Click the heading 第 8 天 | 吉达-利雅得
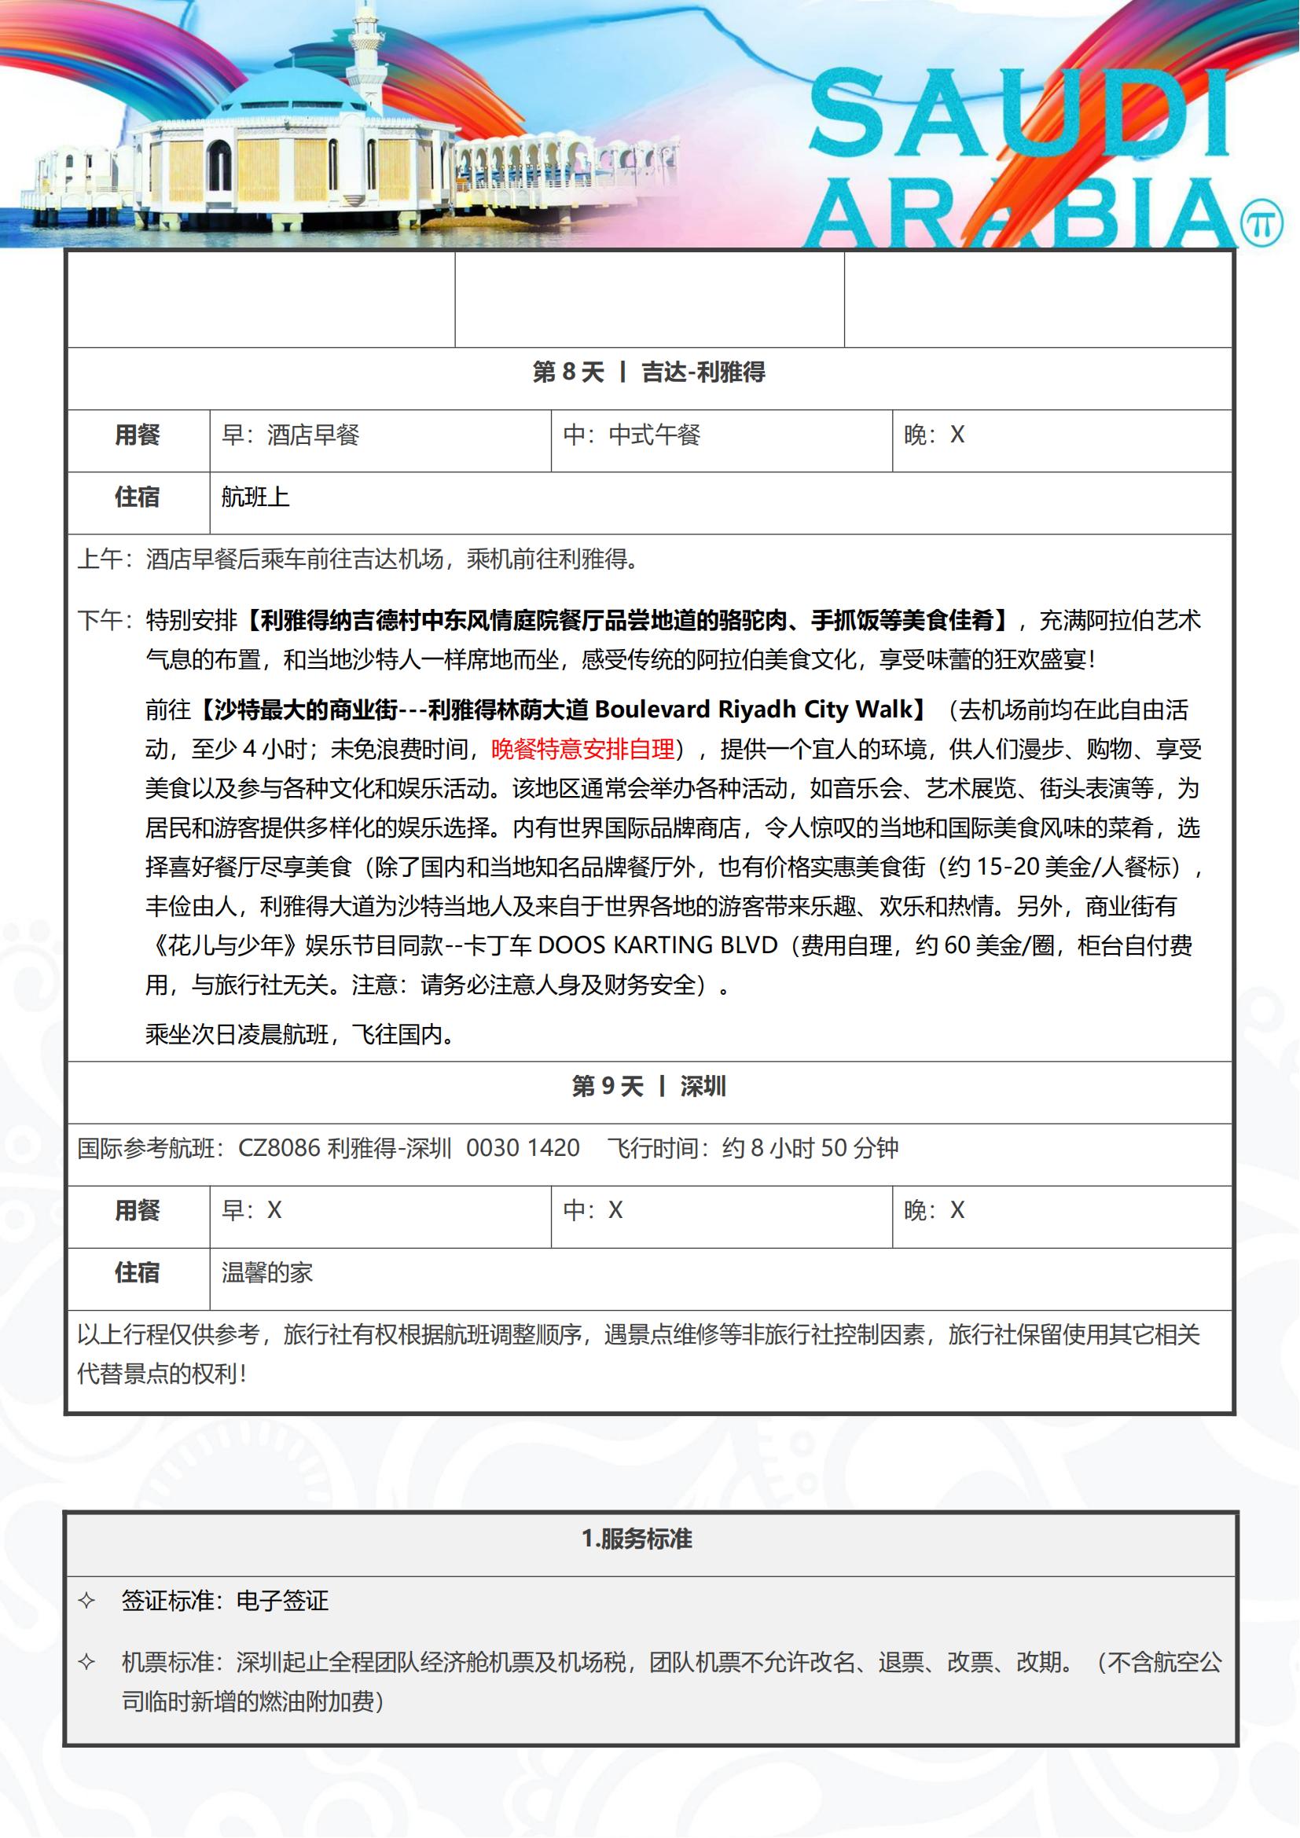click(x=648, y=372)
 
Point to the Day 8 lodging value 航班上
click(x=255, y=497)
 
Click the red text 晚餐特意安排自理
click(x=582, y=750)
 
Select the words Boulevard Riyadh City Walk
click(x=753, y=710)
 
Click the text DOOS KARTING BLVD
click(x=657, y=945)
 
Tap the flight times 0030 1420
click(x=523, y=1148)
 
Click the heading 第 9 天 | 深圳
click(x=648, y=1086)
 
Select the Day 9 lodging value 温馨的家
click(x=266, y=1273)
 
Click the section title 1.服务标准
click(x=637, y=1539)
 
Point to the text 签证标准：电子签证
click(x=225, y=1601)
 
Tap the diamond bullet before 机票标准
click(x=86, y=1663)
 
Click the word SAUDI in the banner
click(x=1018, y=112)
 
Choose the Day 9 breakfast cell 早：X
click(x=252, y=1210)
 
